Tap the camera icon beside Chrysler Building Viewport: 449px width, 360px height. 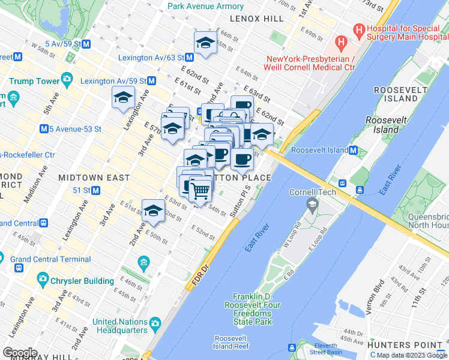click(43, 278)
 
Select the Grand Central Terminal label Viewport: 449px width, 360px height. click(50, 259)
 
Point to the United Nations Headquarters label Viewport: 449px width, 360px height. click(120, 326)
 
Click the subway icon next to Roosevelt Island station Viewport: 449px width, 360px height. click(354, 151)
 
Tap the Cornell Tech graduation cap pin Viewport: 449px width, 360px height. click(312, 205)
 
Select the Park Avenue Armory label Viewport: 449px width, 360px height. click(206, 6)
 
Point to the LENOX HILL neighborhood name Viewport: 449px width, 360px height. click(256, 19)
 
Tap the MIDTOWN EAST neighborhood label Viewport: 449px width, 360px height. click(94, 178)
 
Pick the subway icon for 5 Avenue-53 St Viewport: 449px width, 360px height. click(44, 129)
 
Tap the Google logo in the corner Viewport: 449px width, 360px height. click(20, 353)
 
